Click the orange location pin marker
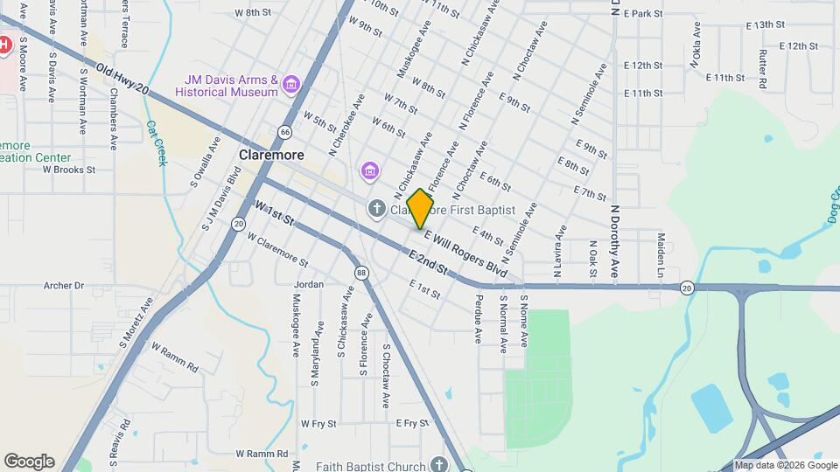coord(421,207)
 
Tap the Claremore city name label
coord(271,155)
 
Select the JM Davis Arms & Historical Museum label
coord(227,85)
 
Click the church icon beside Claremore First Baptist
coord(376,209)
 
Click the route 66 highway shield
coord(285,131)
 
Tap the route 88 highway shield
coord(362,274)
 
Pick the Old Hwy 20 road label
coord(122,80)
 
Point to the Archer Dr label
coord(63,285)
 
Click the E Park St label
coord(644,14)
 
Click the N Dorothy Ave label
coord(615,241)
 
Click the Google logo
coord(29,462)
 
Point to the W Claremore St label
coord(278,249)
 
